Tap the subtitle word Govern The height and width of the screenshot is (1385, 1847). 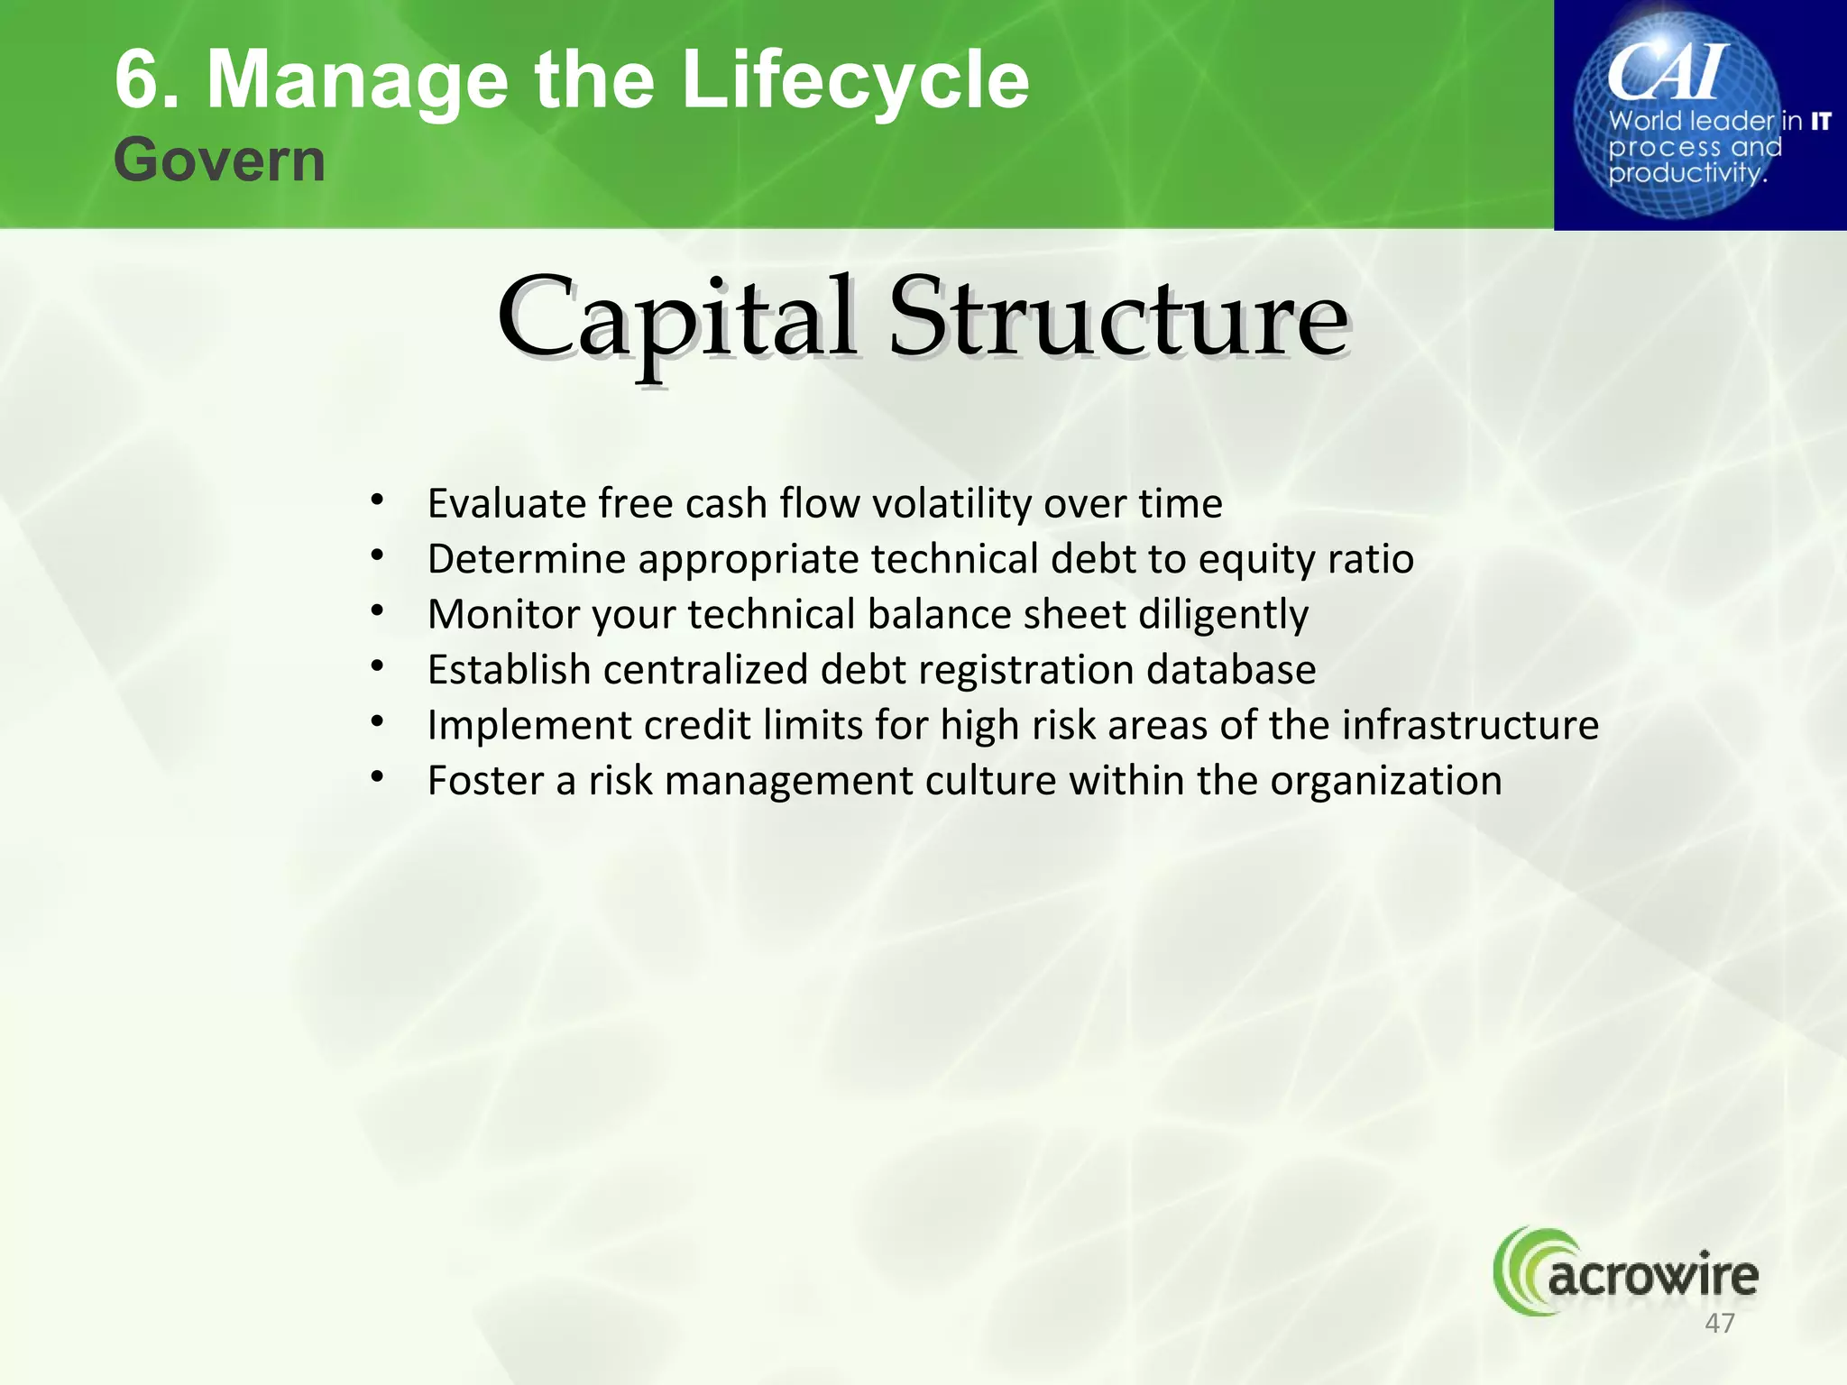219,161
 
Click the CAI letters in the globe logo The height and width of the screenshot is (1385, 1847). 1668,72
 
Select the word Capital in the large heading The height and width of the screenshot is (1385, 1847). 676,317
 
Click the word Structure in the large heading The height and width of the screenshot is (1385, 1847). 1118,317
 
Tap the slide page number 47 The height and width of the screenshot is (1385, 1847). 1720,1323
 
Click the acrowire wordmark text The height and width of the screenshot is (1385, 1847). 1652,1276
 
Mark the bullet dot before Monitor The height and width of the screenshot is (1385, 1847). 378,612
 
